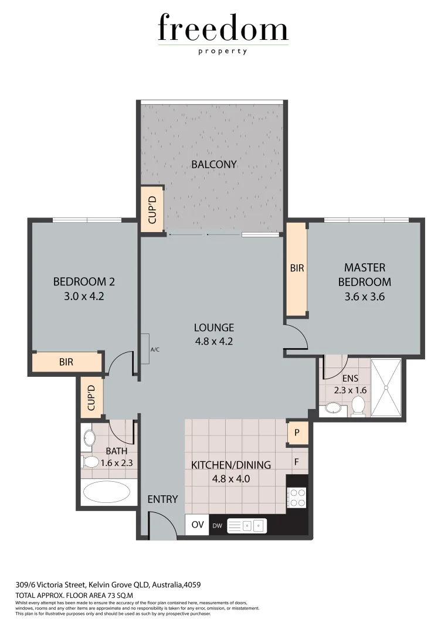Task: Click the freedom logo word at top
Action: point(223,29)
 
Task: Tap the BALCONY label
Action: point(214,164)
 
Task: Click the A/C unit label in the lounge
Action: point(155,350)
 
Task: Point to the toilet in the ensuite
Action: point(358,404)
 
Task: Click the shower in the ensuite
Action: point(386,387)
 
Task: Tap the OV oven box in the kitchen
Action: point(198,525)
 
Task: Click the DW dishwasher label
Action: point(217,525)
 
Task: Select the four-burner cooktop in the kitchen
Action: point(297,498)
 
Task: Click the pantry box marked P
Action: point(297,433)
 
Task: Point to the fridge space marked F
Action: point(297,462)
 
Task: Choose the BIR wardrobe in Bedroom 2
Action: point(66,362)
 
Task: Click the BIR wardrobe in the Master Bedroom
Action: point(297,268)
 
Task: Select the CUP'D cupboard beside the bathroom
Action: point(92,398)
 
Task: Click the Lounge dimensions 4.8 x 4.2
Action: point(214,341)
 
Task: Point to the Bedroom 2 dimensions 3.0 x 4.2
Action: point(84,296)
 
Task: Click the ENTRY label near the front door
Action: point(162,499)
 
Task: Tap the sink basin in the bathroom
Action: point(90,437)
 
